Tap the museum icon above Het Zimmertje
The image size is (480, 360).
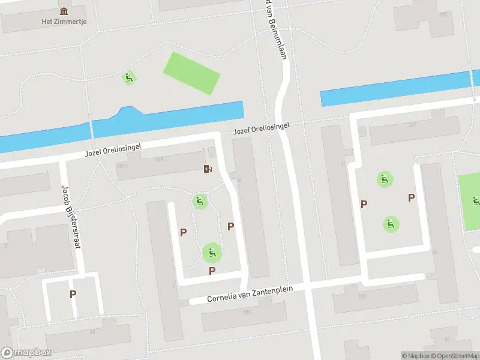[64, 11]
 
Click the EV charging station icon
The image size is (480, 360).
[208, 169]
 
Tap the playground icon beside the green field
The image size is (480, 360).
[128, 77]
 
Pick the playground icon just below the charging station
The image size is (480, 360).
[200, 201]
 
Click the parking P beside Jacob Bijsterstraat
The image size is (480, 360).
[73, 294]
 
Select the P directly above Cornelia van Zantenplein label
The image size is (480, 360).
[212, 271]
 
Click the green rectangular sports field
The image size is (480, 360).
[192, 73]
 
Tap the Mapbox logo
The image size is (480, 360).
[26, 352]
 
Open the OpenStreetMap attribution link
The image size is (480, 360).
[454, 356]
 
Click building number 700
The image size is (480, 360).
[443, 14]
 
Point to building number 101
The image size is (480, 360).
[411, 125]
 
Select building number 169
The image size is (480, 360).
[159, 159]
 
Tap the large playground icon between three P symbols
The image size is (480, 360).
[211, 253]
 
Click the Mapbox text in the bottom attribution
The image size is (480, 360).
[416, 356]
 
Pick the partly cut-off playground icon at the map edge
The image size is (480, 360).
[476, 201]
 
